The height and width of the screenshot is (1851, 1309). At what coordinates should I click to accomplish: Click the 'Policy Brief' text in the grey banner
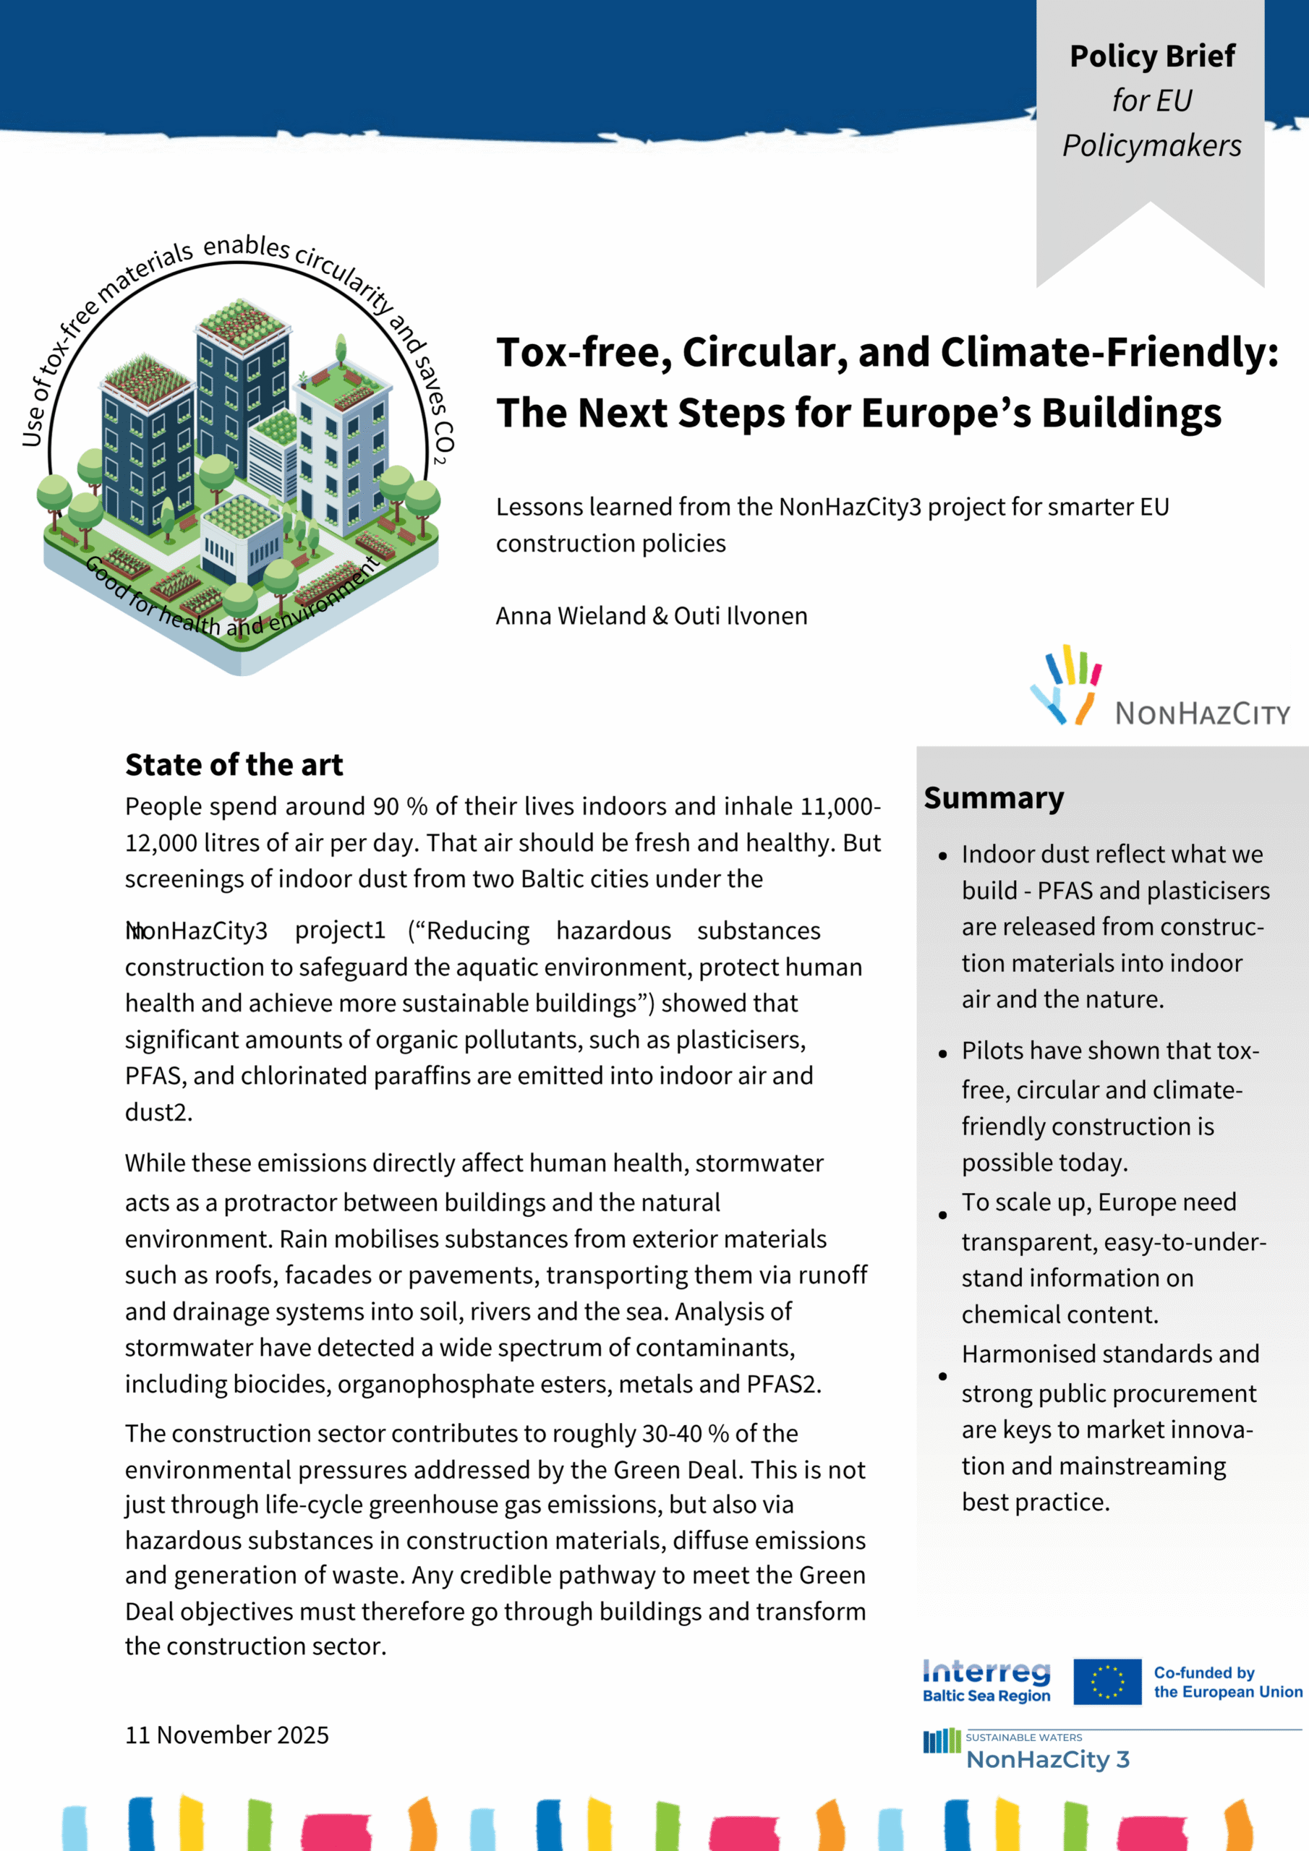[1152, 56]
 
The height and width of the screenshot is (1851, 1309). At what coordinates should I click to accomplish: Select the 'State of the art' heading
[234, 764]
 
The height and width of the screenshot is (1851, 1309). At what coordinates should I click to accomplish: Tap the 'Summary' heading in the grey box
[994, 798]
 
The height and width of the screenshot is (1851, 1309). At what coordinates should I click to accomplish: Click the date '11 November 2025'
[226, 1734]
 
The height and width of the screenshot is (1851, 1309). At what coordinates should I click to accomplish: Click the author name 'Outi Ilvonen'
[741, 616]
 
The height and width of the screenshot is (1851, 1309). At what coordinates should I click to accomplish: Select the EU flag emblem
[1107, 1682]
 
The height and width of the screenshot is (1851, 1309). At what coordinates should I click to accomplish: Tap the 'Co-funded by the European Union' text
[1227, 1682]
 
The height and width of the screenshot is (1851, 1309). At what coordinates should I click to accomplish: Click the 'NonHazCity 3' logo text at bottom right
[1048, 1759]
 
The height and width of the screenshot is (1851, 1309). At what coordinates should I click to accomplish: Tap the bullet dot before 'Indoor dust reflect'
[942, 856]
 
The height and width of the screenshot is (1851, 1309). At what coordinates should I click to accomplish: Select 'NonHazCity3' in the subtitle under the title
[849, 507]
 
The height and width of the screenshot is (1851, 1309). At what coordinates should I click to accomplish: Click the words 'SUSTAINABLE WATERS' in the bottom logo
[1023, 1737]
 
